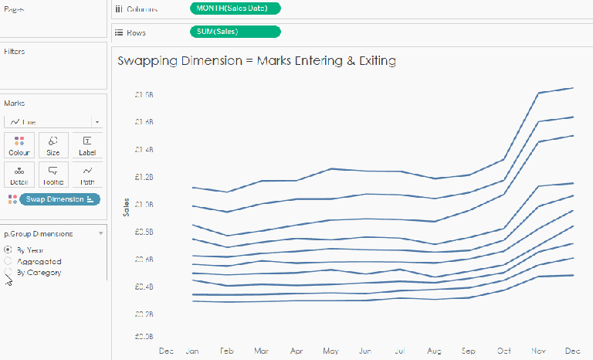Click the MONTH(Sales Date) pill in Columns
tap(235, 8)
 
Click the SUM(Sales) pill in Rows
tap(235, 32)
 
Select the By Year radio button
tap(8, 250)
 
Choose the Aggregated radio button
tap(8, 261)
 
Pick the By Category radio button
tap(8, 273)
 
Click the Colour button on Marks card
tap(19, 145)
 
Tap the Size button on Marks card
tap(53, 145)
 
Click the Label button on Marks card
tap(87, 145)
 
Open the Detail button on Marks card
tap(19, 175)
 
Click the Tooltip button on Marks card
tap(53, 175)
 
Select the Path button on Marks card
tap(87, 175)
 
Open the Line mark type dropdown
tap(53, 121)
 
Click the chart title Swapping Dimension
tap(256, 60)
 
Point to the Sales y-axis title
tap(126, 206)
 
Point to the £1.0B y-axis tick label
tap(144, 205)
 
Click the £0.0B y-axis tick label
tap(144, 337)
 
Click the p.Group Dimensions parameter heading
tap(39, 233)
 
